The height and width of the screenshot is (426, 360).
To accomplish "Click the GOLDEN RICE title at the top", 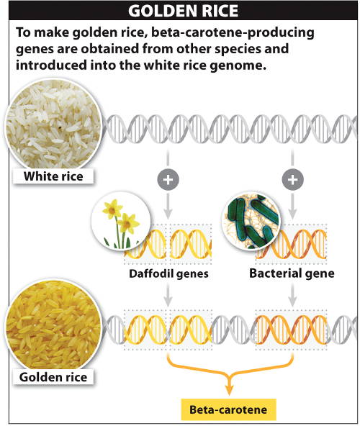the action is (183, 11).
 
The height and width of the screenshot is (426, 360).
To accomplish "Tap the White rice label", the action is (53, 176).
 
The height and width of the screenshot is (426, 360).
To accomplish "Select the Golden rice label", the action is (53, 377).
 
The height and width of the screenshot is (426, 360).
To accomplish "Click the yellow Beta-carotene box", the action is (228, 409).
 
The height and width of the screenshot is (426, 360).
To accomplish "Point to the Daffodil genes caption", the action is (168, 273).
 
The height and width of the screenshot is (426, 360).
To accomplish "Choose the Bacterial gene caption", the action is (292, 273).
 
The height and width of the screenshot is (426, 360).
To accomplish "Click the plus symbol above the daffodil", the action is (168, 179).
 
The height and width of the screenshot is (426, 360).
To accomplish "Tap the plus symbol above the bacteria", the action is (292, 179).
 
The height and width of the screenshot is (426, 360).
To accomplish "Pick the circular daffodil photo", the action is (121, 220).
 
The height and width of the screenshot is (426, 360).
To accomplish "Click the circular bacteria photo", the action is (251, 220).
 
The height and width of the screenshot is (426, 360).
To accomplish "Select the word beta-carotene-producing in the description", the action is (233, 32).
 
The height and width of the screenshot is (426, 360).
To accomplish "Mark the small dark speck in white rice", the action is (60, 127).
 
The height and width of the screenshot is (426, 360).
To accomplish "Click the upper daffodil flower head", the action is (112, 209).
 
